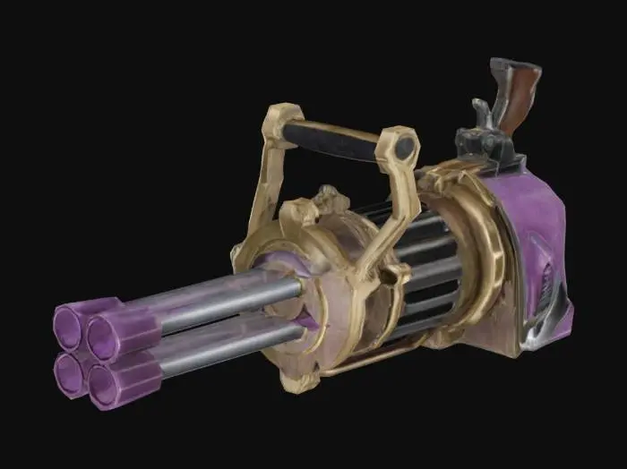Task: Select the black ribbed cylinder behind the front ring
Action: coord(421,269)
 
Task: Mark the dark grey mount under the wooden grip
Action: coord(488,148)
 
